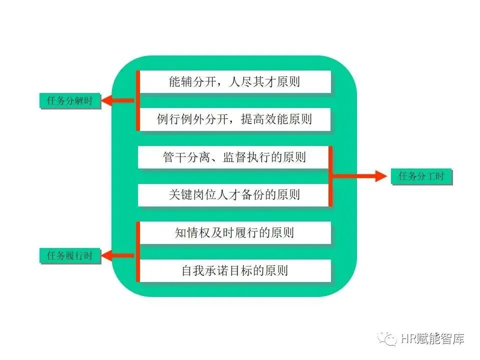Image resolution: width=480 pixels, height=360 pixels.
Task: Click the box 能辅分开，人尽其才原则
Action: [x=234, y=81]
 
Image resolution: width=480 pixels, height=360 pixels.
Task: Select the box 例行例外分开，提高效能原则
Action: [x=234, y=119]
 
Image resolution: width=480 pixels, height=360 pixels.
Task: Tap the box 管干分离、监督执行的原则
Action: [x=234, y=157]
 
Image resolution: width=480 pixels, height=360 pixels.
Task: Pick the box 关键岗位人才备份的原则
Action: [x=234, y=195]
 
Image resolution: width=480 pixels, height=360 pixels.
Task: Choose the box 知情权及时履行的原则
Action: [x=234, y=233]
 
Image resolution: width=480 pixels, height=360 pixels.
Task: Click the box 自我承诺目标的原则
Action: [x=234, y=270]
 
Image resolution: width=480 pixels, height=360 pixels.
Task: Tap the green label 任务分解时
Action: [x=69, y=101]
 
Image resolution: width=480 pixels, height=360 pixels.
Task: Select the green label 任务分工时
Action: [x=421, y=176]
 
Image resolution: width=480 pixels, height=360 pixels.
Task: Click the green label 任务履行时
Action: [x=69, y=256]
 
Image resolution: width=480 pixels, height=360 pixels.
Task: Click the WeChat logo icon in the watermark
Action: [x=388, y=339]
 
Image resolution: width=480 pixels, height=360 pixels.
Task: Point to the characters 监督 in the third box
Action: [x=228, y=157]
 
